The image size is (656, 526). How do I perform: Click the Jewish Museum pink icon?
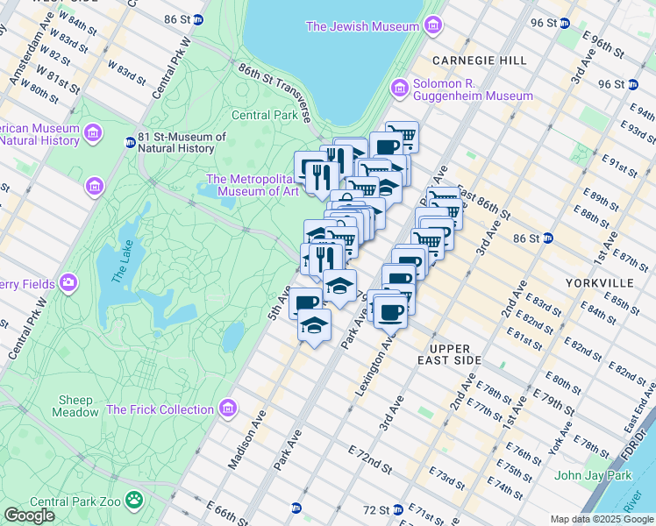[431, 27]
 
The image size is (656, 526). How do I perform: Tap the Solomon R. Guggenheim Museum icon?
[402, 89]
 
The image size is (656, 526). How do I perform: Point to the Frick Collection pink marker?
[228, 409]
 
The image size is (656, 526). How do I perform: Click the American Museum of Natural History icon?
[93, 133]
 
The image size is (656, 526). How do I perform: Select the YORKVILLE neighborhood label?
[599, 283]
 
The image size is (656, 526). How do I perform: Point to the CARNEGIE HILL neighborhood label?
[479, 60]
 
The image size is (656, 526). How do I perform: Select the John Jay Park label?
[593, 476]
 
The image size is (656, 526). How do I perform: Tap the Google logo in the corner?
[29, 515]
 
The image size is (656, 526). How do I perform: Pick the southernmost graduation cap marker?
[314, 326]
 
